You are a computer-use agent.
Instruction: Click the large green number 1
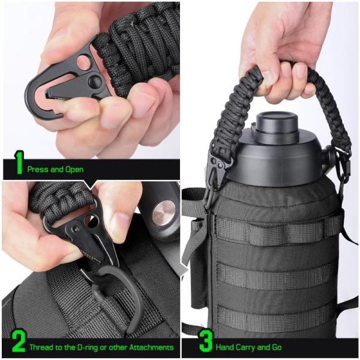point(19,163)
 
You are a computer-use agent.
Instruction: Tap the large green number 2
point(19,341)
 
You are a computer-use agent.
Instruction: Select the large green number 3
point(206,341)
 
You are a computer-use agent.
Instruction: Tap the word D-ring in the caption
point(87,347)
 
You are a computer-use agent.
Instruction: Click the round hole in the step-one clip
point(84,62)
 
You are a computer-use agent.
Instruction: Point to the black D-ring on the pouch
point(117,296)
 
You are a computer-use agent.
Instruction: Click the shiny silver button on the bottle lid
point(164,213)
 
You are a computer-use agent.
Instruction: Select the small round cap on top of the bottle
point(277,125)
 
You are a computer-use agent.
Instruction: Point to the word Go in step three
point(277,347)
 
